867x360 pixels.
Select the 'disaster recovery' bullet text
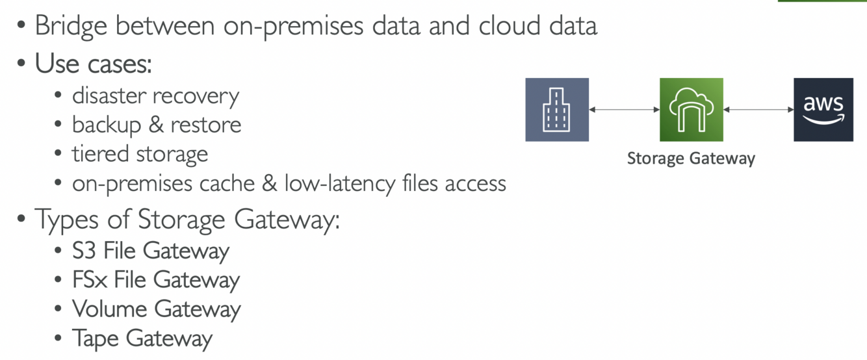point(155,96)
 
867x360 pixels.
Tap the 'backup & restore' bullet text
point(157,124)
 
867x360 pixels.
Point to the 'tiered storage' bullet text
point(140,154)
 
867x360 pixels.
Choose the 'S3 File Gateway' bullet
point(151,251)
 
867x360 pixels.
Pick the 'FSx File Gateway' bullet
point(156,280)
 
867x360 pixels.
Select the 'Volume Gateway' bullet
point(157,309)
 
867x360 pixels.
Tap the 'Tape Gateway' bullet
point(142,339)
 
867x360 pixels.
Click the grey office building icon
point(557,110)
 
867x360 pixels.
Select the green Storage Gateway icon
point(691,110)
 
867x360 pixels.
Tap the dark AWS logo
point(823,110)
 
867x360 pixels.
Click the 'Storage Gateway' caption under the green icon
point(691,159)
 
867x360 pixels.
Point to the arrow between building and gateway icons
point(624,110)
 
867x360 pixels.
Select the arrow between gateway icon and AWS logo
point(758,110)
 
